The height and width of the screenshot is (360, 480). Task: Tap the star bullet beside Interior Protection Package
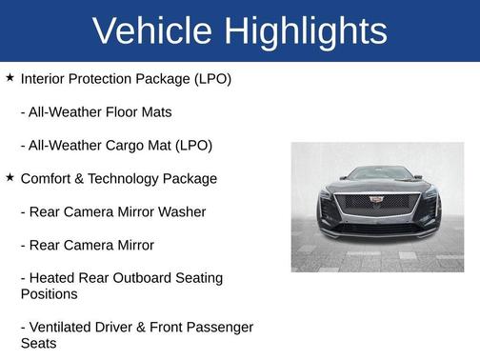coord(10,77)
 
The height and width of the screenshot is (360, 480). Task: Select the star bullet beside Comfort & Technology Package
coord(10,177)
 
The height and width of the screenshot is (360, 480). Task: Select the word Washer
coord(176,211)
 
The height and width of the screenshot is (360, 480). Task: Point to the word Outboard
coord(147,278)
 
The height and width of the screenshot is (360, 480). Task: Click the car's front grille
coord(377,207)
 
